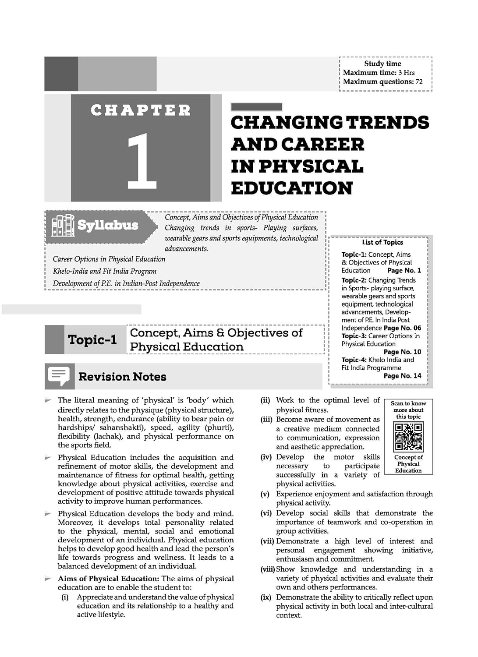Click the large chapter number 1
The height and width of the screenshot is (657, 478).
coord(141,161)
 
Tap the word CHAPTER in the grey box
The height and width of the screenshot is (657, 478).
coord(141,110)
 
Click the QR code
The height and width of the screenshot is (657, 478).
coord(408,437)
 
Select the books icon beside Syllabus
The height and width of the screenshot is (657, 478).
coord(62,225)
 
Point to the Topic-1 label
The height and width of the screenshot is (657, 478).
coord(92,340)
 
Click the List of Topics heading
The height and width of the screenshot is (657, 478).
coord(382,242)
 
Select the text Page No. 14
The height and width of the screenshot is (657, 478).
coord(402,376)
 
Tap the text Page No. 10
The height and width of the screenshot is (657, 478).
coord(402,352)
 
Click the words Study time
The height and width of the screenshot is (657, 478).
coord(382,64)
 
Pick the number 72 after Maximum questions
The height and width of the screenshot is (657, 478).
coord(419,81)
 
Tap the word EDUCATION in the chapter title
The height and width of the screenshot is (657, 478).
coord(291,188)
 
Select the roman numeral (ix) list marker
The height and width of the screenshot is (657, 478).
coord(266,597)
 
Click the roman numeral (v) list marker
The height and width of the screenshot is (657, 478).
coord(265,494)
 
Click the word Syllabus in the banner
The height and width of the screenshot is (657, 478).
coord(108,225)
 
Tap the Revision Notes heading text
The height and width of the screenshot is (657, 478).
coord(122,377)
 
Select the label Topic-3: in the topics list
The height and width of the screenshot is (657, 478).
coord(354,336)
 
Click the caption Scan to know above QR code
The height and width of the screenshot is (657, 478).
coord(408,403)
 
